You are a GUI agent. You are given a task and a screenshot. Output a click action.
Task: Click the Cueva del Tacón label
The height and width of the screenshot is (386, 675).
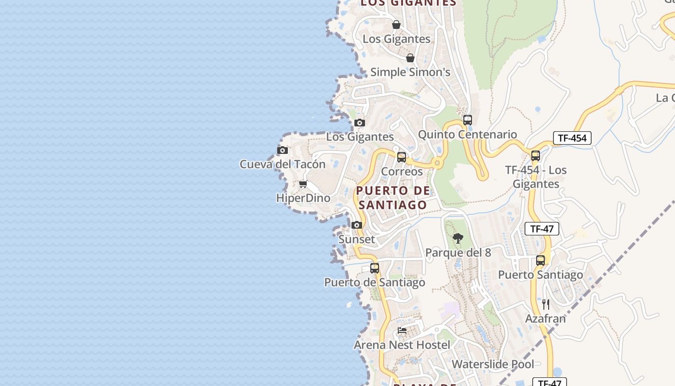point(283,164)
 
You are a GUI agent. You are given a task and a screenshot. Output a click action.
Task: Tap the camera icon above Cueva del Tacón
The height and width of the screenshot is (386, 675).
point(283,151)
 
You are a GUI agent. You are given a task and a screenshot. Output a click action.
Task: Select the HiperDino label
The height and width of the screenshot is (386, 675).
point(303,198)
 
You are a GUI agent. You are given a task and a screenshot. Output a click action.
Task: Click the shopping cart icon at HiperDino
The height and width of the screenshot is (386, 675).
point(303,184)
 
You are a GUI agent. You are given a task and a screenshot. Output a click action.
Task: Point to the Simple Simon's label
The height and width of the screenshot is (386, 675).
point(410,72)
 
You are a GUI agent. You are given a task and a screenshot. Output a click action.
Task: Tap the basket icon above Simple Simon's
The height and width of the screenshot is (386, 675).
point(410,58)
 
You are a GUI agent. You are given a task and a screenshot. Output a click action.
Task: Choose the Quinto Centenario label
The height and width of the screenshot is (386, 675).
point(467,135)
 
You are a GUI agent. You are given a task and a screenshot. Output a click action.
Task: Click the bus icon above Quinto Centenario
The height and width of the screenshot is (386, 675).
point(467,120)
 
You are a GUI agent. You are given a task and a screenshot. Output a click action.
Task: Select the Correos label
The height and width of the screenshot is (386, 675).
point(402,171)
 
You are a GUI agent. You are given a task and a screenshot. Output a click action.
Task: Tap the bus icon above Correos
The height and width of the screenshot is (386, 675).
point(402,157)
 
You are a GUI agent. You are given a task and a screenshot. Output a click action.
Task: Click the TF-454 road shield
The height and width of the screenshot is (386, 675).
point(572,138)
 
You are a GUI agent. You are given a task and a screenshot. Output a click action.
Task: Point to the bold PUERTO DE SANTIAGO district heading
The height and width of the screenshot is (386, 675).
point(393,197)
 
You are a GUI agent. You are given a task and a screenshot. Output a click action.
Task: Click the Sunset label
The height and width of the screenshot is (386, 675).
point(357,239)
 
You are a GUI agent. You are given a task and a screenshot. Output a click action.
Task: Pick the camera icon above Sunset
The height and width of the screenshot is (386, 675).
point(357,225)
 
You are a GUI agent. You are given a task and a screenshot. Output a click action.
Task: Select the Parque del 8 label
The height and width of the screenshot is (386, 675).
point(458,252)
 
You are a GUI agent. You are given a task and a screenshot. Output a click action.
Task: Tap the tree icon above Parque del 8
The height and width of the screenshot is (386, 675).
point(458,238)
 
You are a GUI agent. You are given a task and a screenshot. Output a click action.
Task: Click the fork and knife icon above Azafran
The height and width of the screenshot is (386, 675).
point(545,304)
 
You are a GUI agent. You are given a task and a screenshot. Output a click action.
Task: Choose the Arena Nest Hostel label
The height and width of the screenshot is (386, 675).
point(402,345)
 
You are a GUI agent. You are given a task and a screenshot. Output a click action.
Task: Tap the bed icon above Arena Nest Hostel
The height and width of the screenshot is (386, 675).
point(402,331)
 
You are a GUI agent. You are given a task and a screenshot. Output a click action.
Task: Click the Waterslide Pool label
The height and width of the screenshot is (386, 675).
point(493,364)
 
